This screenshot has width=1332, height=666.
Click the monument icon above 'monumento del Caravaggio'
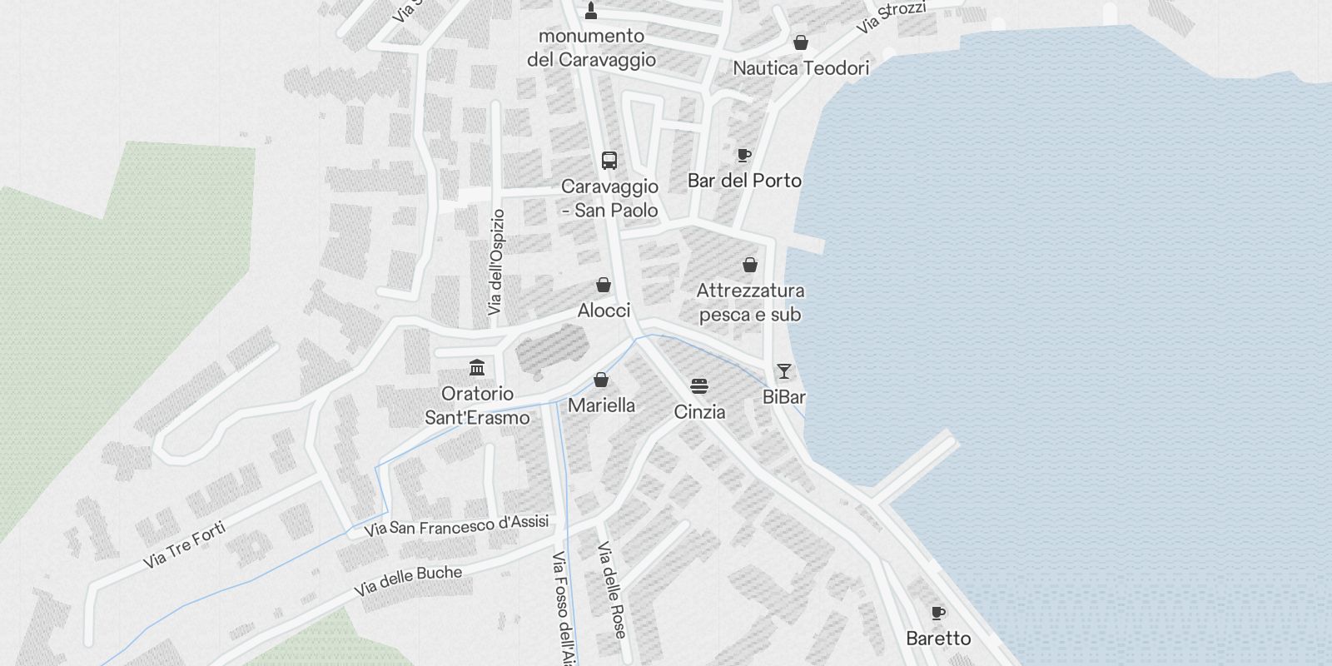tap(591, 11)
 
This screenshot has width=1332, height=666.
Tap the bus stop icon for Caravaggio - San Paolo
tap(609, 161)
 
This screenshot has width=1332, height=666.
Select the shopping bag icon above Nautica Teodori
tap(801, 42)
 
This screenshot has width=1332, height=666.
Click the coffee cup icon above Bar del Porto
tap(744, 156)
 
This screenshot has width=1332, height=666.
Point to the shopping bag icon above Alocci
tap(604, 286)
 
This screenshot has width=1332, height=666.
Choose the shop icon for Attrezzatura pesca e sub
tap(750, 266)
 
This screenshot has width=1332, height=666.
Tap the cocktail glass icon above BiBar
tap(784, 371)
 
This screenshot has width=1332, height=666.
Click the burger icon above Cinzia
tap(699, 386)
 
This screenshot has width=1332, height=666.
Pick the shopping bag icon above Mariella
tap(601, 380)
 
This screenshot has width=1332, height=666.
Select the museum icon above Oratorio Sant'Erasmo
tap(477, 367)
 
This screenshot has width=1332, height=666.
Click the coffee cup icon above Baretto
tap(938, 614)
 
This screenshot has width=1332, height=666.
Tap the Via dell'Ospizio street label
tap(496, 262)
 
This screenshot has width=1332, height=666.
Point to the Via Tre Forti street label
tap(184, 544)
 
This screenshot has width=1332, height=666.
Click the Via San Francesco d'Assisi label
tap(456, 526)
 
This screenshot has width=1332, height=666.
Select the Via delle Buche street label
tap(408, 580)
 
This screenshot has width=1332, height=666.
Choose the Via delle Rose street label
tap(611, 589)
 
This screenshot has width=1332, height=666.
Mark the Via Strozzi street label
tap(891, 17)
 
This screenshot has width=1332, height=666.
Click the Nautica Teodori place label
tap(801, 68)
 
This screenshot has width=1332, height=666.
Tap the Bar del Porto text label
tap(744, 181)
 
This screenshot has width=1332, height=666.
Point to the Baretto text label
tap(938, 639)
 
